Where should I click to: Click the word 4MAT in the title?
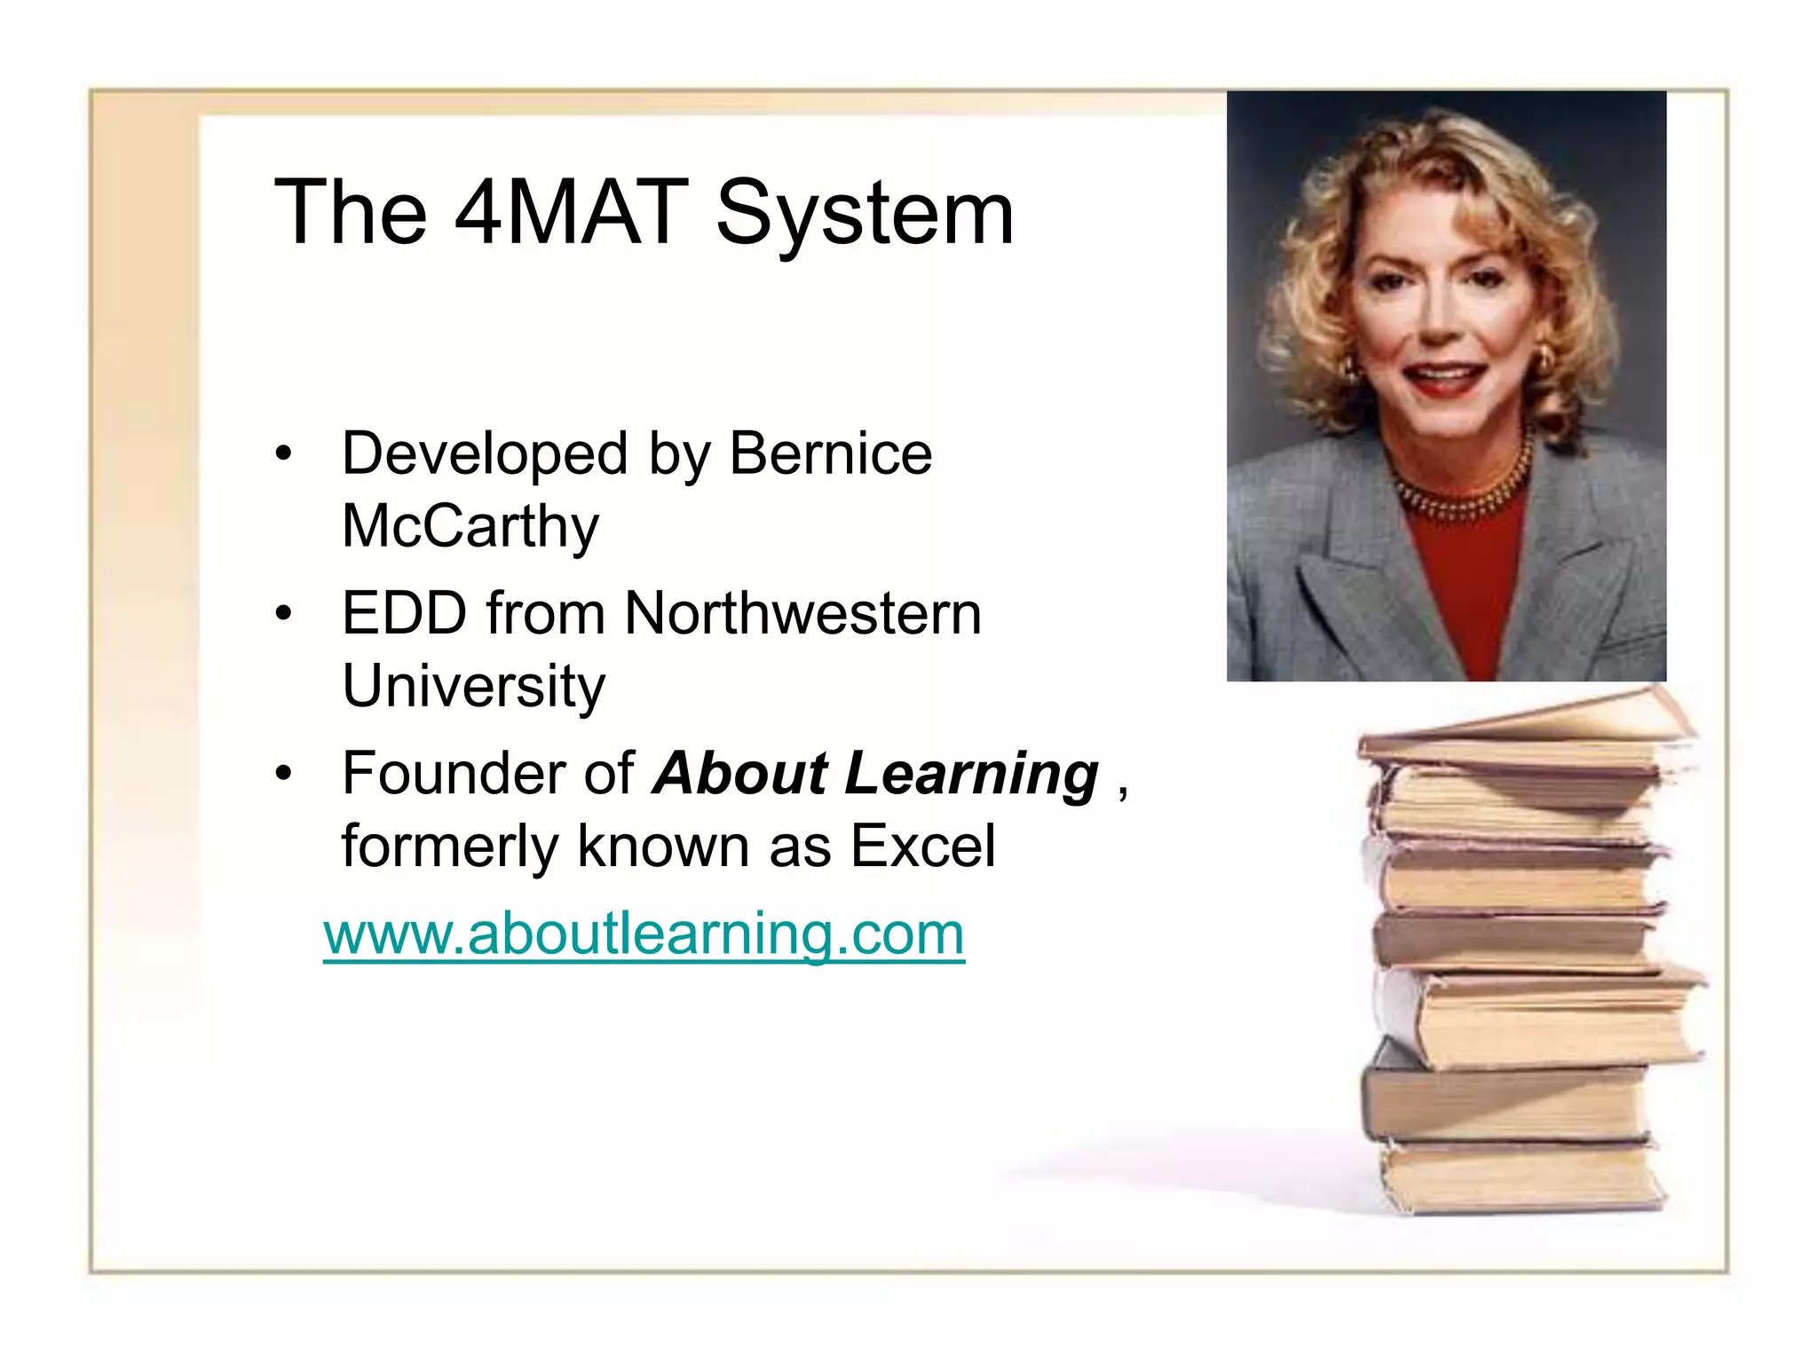[571, 213]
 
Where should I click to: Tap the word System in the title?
[864, 213]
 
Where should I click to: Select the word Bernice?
[830, 454]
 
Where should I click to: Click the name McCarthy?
[470, 527]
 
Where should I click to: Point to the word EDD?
[404, 613]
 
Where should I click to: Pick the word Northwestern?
[802, 613]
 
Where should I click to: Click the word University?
[473, 687]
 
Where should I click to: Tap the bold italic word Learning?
[971, 774]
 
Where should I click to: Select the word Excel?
[922, 846]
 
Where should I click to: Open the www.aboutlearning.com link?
[644, 934]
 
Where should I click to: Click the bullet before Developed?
[283, 453]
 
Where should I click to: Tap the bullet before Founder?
[283, 774]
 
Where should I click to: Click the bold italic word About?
[740, 774]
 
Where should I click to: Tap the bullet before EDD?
[283, 613]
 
